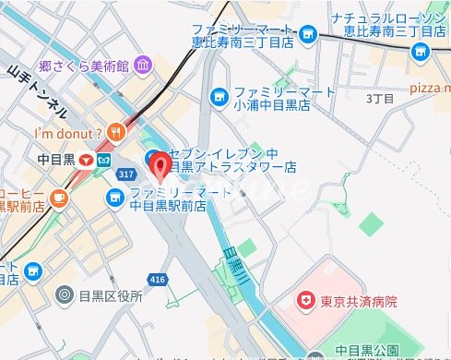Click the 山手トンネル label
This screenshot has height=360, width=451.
click(37, 92)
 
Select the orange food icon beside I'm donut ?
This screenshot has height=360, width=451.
click(114, 131)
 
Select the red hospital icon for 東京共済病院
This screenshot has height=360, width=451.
click(303, 300)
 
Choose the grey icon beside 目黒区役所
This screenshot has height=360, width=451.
click(65, 295)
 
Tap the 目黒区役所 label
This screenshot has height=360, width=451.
click(112, 296)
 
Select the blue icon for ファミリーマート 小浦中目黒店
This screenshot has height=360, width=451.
click(219, 94)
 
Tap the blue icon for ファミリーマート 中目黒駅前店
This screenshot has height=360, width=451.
click(115, 196)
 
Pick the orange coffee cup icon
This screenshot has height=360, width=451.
click(58, 196)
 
